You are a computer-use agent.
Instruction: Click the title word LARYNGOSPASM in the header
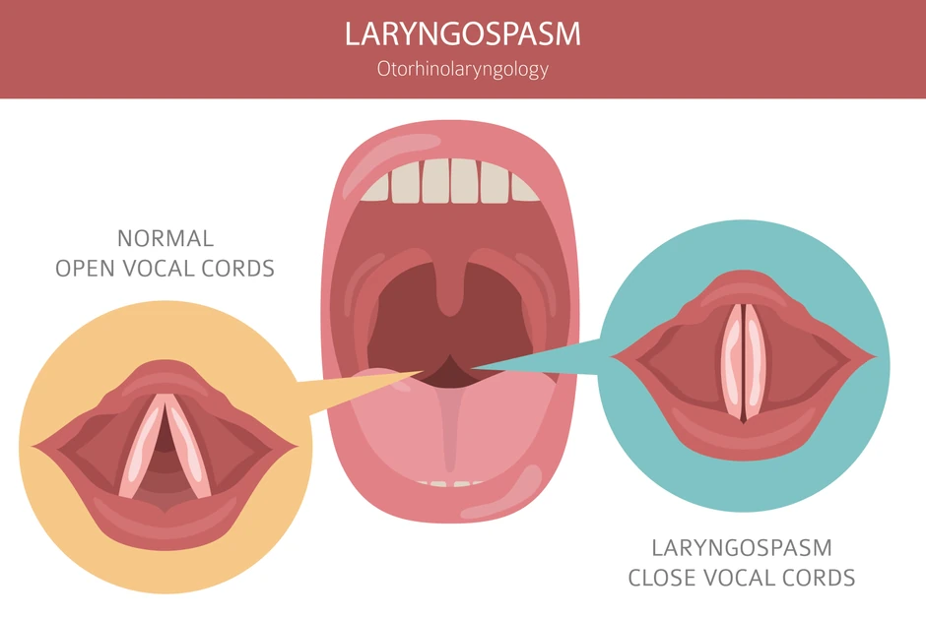(x=462, y=34)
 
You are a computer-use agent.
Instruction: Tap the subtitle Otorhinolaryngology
(x=462, y=70)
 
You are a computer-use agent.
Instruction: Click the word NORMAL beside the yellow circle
(x=165, y=238)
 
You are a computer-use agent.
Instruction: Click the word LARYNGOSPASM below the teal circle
(x=742, y=547)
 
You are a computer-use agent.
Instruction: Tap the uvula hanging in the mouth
(x=450, y=285)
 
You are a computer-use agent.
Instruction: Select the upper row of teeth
(x=450, y=182)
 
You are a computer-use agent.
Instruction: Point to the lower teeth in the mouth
(x=450, y=483)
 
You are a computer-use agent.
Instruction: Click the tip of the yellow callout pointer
(x=423, y=372)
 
